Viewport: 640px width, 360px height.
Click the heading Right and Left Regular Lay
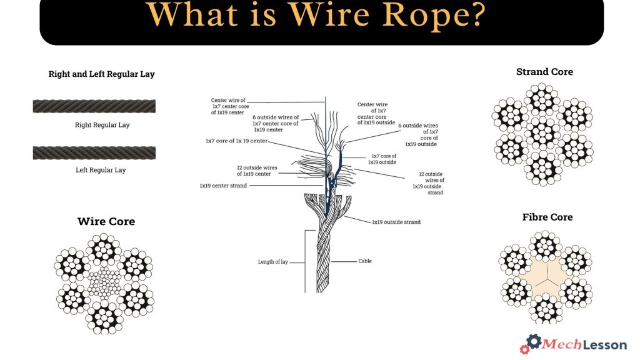click(101, 74)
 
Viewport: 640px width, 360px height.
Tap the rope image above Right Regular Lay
click(94, 106)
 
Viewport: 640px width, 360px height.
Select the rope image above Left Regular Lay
click(94, 152)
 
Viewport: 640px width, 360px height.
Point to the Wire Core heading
click(106, 221)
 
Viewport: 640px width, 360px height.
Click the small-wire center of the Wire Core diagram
click(104, 284)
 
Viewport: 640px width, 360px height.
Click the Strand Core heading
click(544, 72)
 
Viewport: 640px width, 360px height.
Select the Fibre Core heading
click(547, 217)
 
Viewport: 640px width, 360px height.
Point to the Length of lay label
click(272, 262)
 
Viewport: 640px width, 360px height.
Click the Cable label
click(365, 261)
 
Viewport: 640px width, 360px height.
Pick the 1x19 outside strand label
click(396, 222)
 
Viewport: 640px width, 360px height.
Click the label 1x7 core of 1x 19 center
click(236, 141)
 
